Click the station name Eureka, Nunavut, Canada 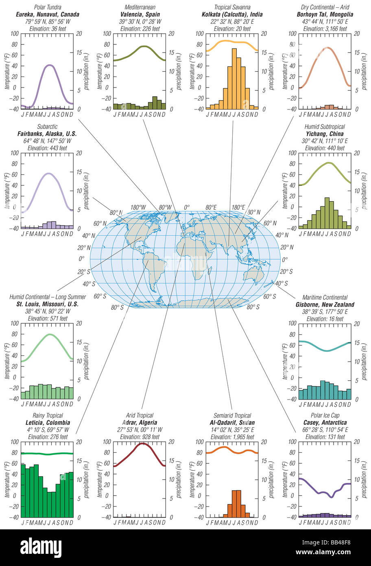coord(47,14)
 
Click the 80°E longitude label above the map coord(211,207)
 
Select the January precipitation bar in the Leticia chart coord(23,490)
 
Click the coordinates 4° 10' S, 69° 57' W coord(47,430)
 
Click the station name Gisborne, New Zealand coord(325,305)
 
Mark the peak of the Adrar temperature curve coord(142,443)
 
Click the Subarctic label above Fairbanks coord(47,127)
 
